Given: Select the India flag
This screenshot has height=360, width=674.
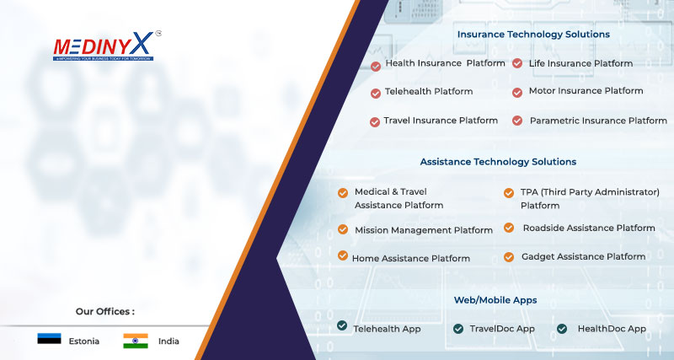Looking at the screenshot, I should [x=135, y=341].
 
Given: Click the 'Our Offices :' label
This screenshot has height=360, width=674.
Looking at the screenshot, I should [x=105, y=311].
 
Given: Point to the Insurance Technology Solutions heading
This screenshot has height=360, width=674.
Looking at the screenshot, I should [x=533, y=35].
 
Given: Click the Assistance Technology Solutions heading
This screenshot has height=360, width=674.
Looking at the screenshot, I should [x=498, y=162].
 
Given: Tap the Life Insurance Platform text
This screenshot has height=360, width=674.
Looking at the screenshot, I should [x=580, y=63].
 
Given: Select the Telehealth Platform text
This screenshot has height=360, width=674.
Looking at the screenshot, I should [x=429, y=91].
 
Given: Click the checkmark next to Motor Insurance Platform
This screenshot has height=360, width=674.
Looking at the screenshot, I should [x=517, y=92].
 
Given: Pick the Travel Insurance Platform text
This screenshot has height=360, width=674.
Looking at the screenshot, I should [x=441, y=121].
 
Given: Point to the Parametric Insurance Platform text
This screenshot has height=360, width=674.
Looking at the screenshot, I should [x=598, y=121].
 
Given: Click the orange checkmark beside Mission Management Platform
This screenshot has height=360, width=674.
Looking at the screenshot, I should [x=343, y=229].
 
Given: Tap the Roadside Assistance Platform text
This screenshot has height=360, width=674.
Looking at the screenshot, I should [x=589, y=228].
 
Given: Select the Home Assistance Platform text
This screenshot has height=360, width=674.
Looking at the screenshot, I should [x=411, y=259].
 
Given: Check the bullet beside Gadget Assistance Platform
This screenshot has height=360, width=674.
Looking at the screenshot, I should [x=509, y=257].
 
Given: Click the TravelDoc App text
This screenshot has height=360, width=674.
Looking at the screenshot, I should [x=502, y=329].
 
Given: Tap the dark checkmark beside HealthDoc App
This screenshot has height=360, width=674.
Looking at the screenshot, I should [x=561, y=329].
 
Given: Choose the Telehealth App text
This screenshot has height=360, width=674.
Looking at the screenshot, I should [x=387, y=329].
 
